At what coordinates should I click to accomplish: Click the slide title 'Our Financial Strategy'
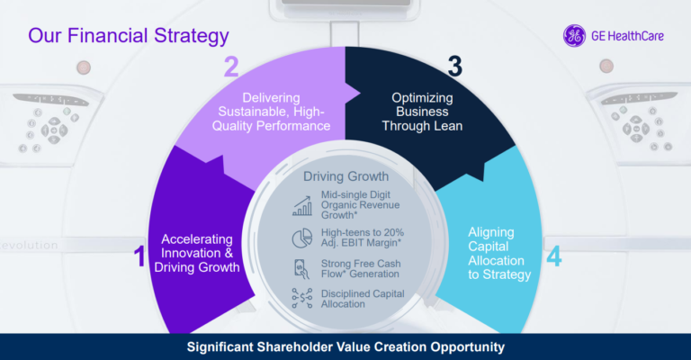[128, 37]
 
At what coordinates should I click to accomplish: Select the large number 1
[139, 257]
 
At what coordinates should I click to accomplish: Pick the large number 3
[454, 67]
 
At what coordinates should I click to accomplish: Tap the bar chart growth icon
[301, 205]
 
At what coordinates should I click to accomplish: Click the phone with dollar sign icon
[301, 267]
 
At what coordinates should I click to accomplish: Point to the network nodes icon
[301, 298]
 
